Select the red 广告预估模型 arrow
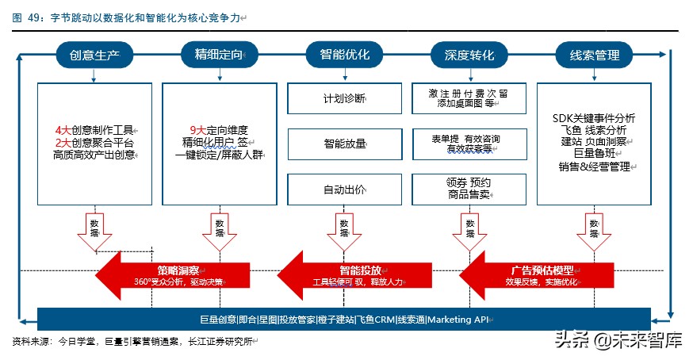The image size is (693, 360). click(x=539, y=274)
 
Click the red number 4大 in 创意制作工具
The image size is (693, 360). click(x=63, y=129)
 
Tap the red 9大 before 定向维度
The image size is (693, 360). click(x=198, y=129)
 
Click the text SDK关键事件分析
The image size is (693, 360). click(x=595, y=117)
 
